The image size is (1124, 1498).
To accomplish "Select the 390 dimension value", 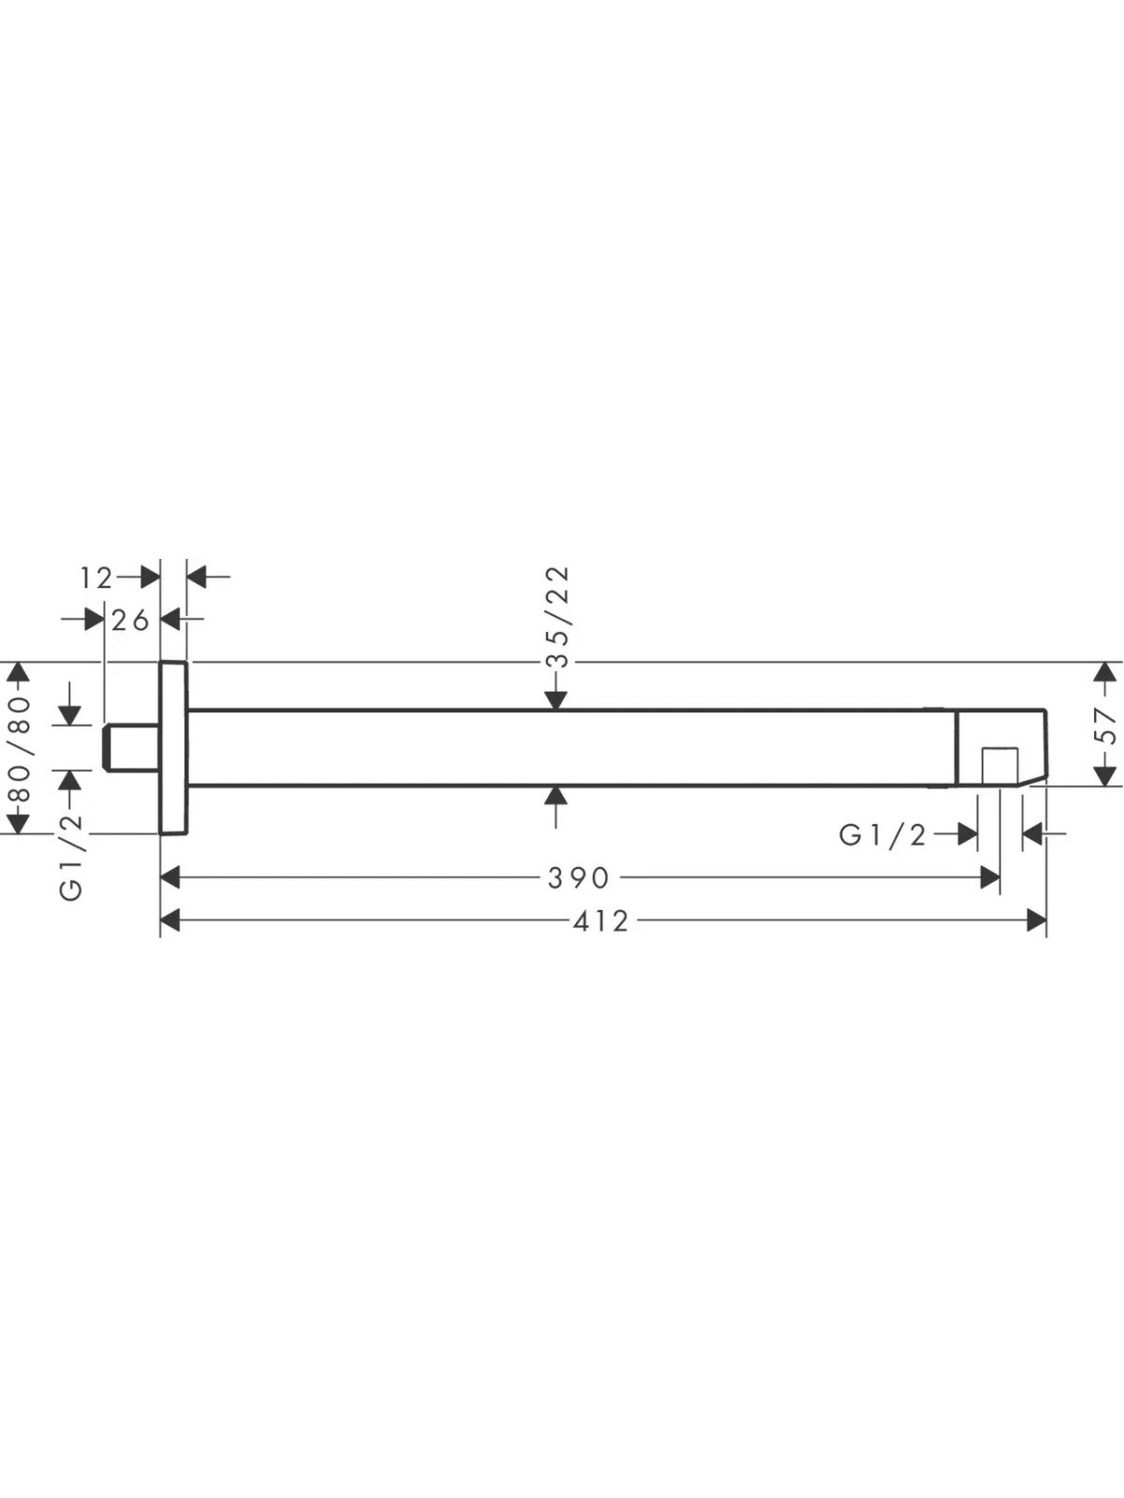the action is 579,878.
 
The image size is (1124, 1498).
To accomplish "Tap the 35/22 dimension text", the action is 557,617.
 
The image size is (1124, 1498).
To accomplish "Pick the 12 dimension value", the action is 96,579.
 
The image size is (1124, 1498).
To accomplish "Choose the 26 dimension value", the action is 130,621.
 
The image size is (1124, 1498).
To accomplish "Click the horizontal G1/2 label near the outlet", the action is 882,835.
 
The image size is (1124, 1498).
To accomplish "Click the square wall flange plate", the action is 173,747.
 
